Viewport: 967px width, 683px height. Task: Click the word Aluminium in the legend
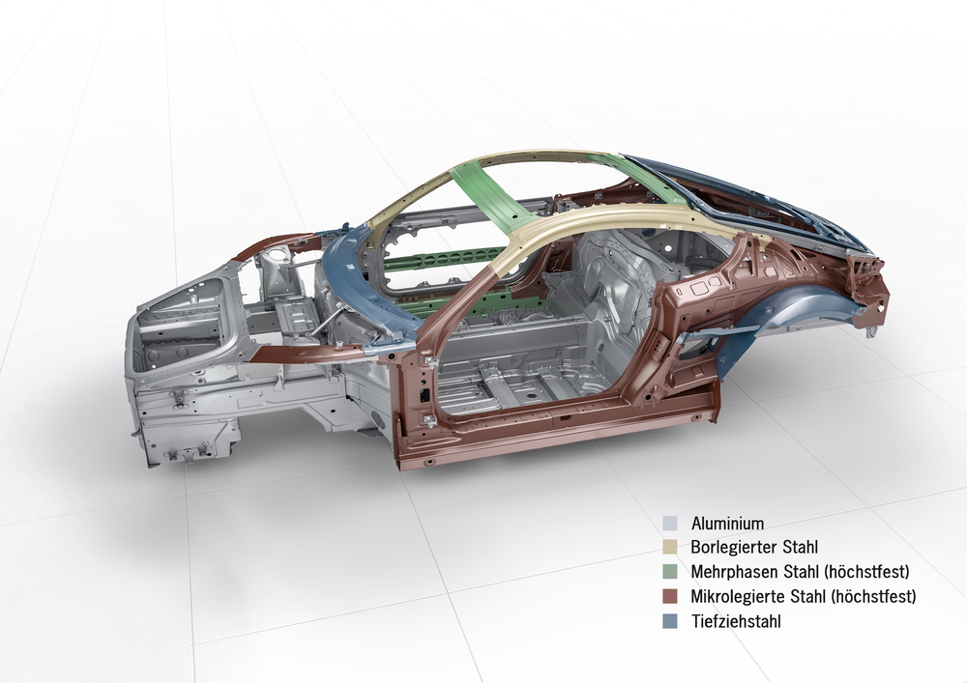(727, 524)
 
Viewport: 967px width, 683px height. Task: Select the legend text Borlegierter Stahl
(754, 547)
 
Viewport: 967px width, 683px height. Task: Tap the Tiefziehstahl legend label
(736, 621)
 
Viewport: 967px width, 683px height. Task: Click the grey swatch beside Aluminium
(670, 524)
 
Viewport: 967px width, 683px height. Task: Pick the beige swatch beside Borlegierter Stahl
(670, 547)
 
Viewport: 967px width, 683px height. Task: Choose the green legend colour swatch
(670, 572)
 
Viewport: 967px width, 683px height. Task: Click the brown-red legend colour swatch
(670, 596)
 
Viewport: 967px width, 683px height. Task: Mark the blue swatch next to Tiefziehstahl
(670, 621)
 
